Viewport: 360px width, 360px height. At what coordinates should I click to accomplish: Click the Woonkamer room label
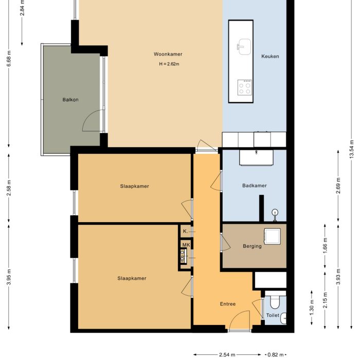click(168, 55)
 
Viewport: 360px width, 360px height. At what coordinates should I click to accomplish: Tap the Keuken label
click(270, 57)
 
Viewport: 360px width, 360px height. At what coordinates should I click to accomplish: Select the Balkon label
click(70, 100)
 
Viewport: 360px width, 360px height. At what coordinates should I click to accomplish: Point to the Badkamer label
click(254, 186)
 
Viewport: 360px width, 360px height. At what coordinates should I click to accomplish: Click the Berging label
click(252, 246)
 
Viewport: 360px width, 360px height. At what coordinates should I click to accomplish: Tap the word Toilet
click(273, 316)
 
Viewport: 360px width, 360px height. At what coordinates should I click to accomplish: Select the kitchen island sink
click(244, 46)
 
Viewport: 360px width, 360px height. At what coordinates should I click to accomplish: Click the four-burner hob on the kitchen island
click(245, 87)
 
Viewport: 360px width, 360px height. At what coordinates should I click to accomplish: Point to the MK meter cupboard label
click(186, 245)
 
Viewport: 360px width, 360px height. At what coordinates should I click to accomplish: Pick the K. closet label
click(185, 232)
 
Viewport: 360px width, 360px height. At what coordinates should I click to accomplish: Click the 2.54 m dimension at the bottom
click(227, 354)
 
